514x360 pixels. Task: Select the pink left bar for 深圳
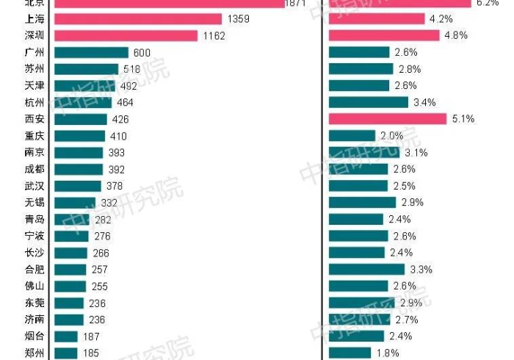click(x=126, y=35)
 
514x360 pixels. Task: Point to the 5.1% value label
click(x=463, y=119)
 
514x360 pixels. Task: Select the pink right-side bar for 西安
click(x=388, y=119)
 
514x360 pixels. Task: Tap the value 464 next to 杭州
click(x=126, y=102)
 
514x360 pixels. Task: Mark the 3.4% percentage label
click(x=424, y=102)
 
